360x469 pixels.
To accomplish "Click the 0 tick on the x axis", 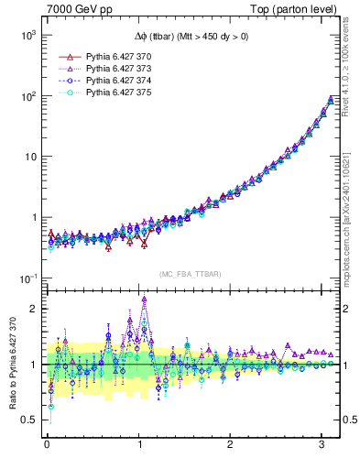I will [x=47, y=445].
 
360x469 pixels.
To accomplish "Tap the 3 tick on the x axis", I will [x=322, y=445].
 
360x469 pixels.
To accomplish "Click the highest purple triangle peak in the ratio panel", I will [x=144, y=299].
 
